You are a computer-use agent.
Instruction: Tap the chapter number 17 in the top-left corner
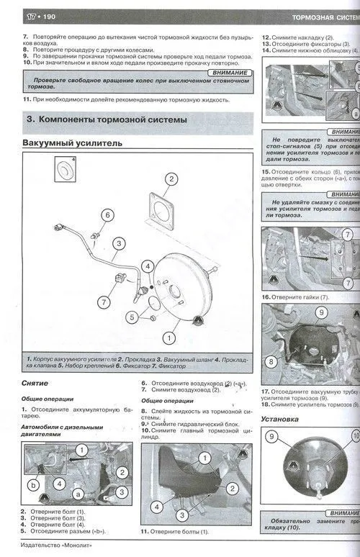click(12, 16)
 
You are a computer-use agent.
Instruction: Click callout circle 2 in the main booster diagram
click(171, 180)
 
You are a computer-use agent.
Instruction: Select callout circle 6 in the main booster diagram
click(107, 214)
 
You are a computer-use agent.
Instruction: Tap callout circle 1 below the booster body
click(169, 336)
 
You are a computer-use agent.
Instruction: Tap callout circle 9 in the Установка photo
click(272, 436)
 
